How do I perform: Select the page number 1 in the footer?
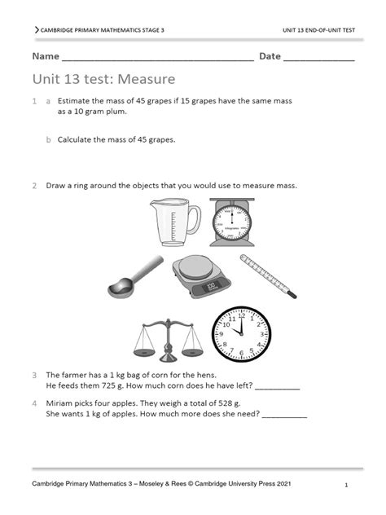pyautogui.click(x=346, y=485)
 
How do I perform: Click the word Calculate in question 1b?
pyautogui.click(x=77, y=139)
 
